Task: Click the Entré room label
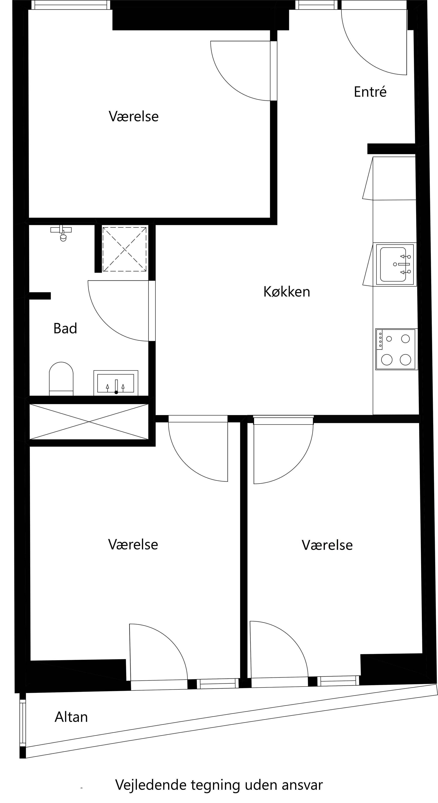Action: click(370, 92)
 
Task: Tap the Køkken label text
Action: click(287, 292)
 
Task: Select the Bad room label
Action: click(65, 329)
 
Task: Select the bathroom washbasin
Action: click(116, 383)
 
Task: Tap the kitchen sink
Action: click(395, 264)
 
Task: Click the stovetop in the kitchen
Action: click(396, 349)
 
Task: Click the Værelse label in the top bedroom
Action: click(134, 117)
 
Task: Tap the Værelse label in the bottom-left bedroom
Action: click(133, 545)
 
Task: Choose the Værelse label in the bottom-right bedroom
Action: click(327, 545)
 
